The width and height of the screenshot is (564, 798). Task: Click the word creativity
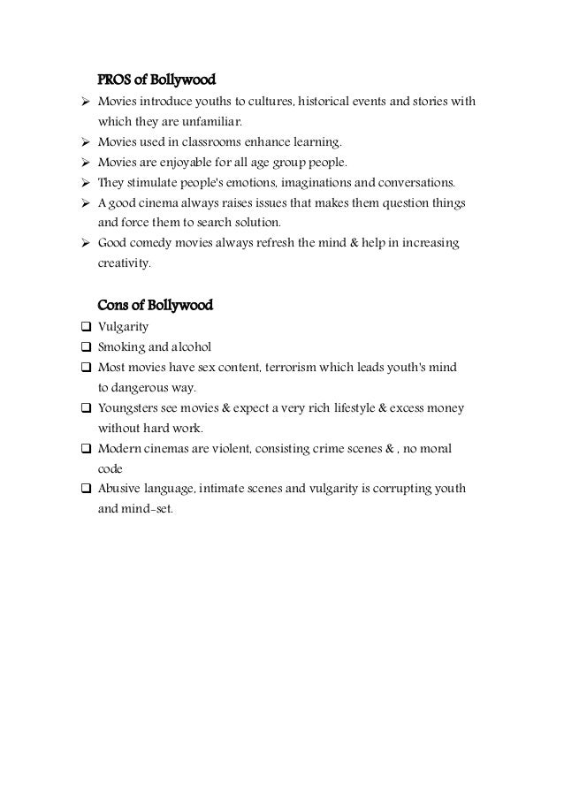(124, 263)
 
